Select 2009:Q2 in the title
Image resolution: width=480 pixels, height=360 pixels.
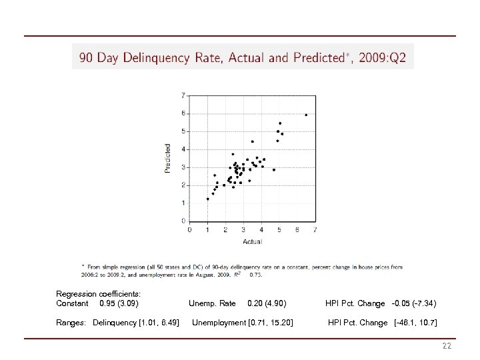click(383, 58)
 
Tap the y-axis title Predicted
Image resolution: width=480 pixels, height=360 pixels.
click(167, 158)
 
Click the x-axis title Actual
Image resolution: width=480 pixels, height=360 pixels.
click(252, 241)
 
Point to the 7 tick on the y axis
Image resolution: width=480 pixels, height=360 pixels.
click(183, 95)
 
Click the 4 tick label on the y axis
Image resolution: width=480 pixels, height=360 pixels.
click(183, 149)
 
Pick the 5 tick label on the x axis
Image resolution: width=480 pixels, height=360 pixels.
click(279, 230)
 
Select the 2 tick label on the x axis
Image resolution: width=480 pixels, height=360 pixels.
click(225, 230)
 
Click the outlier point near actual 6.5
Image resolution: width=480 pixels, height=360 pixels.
click(306, 115)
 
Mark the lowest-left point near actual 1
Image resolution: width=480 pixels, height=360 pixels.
click(208, 199)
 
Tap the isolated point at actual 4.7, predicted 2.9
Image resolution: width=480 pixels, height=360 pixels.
click(273, 169)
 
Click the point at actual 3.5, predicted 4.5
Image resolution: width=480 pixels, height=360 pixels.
click(252, 141)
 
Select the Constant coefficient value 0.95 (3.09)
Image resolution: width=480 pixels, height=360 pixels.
click(119, 303)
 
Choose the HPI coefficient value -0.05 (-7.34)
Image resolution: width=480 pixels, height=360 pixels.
click(413, 303)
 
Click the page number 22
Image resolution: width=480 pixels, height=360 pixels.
click(447, 346)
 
